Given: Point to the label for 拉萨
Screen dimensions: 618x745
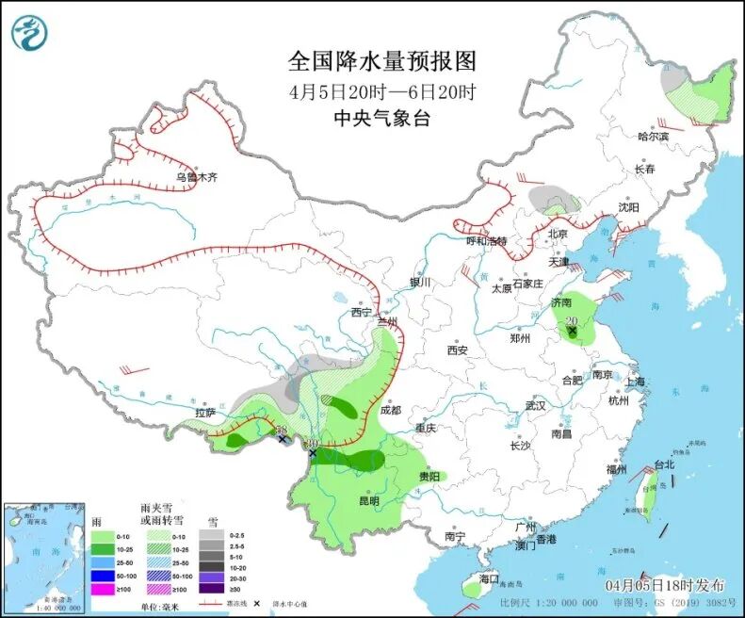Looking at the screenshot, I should point(205,412).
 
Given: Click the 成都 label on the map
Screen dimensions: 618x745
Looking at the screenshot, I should point(390,411).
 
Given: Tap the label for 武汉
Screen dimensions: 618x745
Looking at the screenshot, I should point(536,405).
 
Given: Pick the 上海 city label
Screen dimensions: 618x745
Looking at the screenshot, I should point(634,381).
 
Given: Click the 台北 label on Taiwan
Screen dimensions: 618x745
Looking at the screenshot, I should point(665,464).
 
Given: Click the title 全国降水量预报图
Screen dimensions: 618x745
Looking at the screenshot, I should point(381,62).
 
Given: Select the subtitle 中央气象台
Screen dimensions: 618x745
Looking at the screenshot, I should point(381,119).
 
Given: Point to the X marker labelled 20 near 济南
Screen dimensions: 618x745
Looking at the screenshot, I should point(572,332).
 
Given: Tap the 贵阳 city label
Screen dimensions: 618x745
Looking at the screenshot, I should point(430,477).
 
